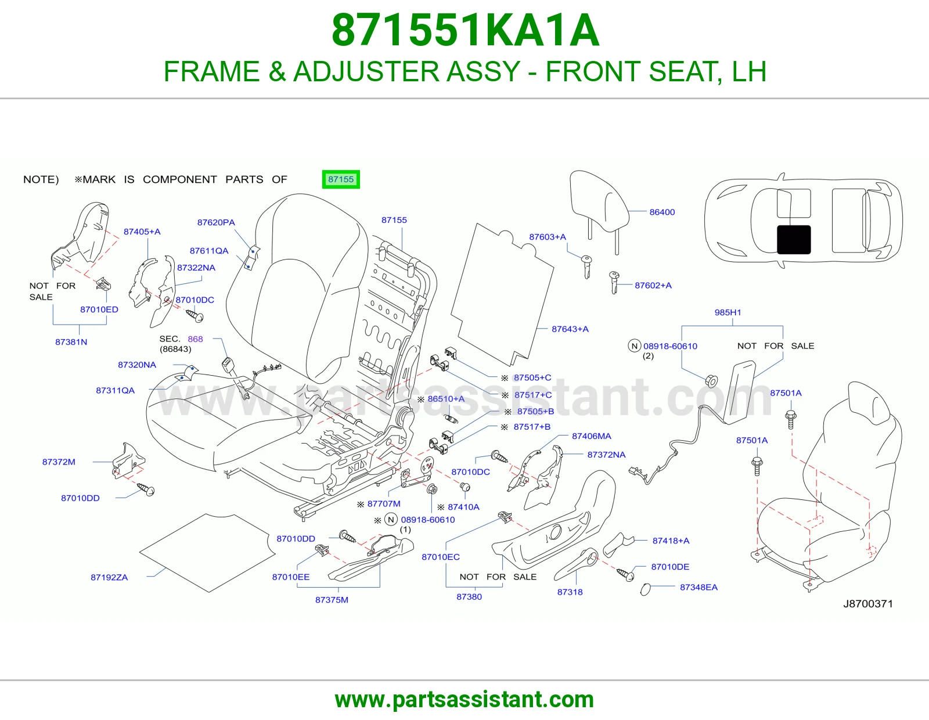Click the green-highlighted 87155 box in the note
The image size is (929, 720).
[341, 179]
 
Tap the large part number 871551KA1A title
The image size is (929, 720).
[465, 30]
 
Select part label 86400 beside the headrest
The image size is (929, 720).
[662, 212]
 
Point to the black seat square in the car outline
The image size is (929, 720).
[794, 239]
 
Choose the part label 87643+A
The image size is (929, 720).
[570, 329]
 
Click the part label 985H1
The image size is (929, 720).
[728, 312]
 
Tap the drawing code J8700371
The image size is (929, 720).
[868, 604]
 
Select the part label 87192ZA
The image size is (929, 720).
[109, 577]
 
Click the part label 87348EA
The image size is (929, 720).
[698, 587]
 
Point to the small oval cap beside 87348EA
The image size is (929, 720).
[645, 589]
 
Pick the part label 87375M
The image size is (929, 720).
[332, 599]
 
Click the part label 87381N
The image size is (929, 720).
[71, 341]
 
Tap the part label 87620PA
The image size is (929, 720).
[216, 222]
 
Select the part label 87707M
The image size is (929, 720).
[384, 503]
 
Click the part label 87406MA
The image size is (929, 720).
[592, 436]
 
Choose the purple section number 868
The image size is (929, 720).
[195, 339]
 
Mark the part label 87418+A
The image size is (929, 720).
[671, 541]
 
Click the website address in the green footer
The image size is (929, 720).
[464, 700]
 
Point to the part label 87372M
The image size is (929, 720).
[59, 462]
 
